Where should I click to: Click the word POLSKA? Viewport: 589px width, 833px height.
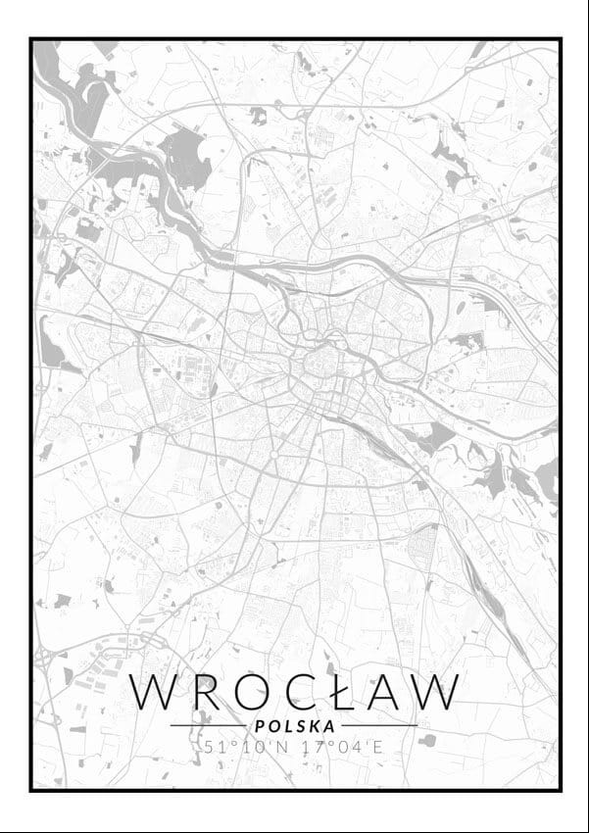294,726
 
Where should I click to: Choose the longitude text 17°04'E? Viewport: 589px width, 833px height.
339,748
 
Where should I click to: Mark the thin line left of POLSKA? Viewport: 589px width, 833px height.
208,726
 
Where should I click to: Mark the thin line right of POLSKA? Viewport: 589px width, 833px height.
378,726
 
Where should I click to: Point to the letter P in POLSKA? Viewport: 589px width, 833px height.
259,726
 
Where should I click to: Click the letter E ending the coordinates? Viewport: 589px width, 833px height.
378,748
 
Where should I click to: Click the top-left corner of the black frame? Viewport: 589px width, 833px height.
31,39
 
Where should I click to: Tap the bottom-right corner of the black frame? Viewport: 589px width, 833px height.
560,789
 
